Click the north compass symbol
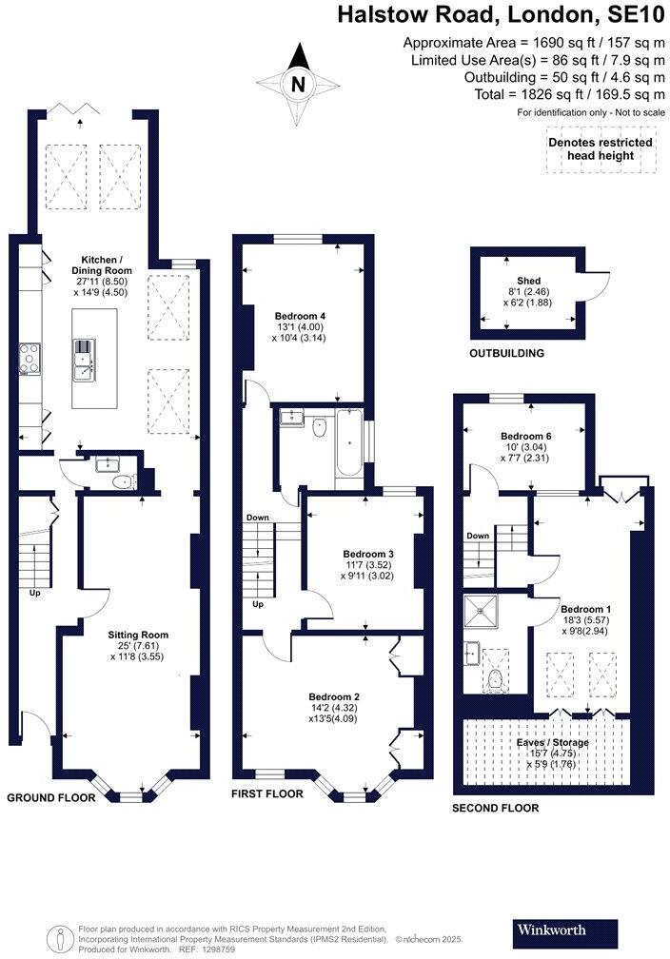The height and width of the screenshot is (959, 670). pyautogui.click(x=300, y=84)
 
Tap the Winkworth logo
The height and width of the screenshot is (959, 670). pyautogui.click(x=552, y=929)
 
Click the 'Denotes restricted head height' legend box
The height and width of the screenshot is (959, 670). pyautogui.click(x=600, y=149)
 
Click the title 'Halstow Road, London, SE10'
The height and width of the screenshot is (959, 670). pyautogui.click(x=502, y=16)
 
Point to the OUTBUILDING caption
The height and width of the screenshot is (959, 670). pyautogui.click(x=506, y=353)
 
